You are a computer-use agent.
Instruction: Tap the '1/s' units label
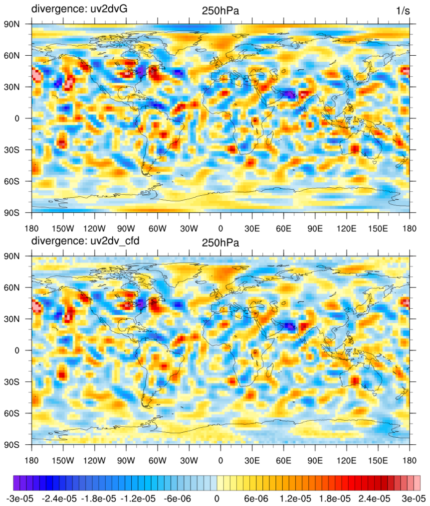point(403,10)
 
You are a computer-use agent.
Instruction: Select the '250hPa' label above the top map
point(220,10)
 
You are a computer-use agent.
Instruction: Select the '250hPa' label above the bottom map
point(220,243)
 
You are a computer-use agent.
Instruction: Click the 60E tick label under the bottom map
point(283,461)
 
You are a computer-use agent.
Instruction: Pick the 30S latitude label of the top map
point(18,149)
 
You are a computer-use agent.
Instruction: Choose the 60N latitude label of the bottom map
point(18,288)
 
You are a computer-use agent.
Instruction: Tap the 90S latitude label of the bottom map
point(18,444)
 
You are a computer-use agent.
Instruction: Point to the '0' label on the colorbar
point(216,498)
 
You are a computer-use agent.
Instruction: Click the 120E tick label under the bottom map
point(347,461)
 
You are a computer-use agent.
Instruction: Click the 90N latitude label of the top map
point(18,24)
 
